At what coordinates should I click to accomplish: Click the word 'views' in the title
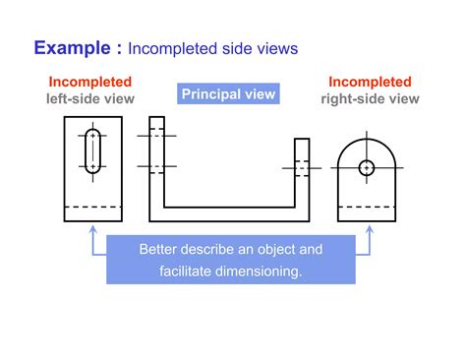click(276, 48)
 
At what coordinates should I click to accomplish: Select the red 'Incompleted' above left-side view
click(90, 82)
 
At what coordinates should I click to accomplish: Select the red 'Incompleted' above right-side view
click(370, 82)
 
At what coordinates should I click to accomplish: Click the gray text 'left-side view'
click(90, 98)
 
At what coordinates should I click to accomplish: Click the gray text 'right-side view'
click(370, 98)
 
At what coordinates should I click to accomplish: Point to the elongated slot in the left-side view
click(92, 150)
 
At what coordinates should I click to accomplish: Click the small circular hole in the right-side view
click(367, 167)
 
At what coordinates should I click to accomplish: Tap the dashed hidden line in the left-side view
click(92, 207)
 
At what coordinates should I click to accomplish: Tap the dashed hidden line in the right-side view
click(367, 207)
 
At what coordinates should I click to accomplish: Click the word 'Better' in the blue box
click(159, 249)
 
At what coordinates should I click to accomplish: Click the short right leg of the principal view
click(302, 172)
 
